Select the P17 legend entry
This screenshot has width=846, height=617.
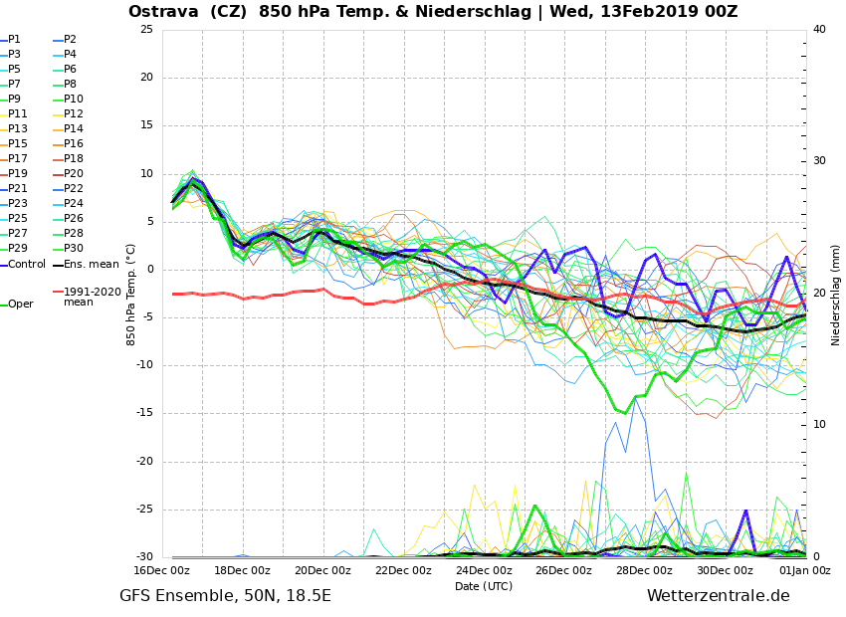coord(19,159)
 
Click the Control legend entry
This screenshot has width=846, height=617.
coord(27,264)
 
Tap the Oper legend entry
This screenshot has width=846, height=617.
coord(21,304)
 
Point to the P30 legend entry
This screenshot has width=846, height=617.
coord(74,249)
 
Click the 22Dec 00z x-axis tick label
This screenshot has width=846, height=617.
coord(403,570)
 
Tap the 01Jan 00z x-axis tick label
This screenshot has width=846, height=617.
coord(804,570)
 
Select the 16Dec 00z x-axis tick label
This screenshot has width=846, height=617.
coord(162,570)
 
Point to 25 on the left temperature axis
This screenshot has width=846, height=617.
coord(146,30)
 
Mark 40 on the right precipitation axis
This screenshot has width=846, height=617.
coord(819,30)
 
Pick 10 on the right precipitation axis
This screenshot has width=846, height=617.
coord(819,425)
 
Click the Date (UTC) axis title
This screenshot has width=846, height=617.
coord(484,586)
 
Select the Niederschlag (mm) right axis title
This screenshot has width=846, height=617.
coord(836,295)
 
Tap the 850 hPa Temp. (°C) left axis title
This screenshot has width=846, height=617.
coord(131,295)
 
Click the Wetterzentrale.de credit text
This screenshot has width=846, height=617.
coord(718,596)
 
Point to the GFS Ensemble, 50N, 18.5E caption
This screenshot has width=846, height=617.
coord(225,596)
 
